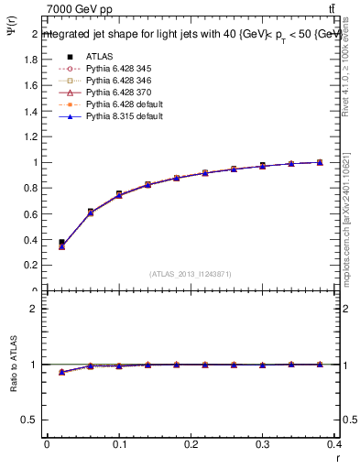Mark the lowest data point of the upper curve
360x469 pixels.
tap(61, 245)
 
